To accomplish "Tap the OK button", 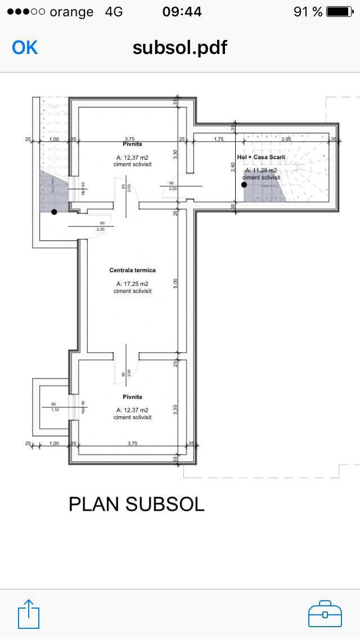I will pos(25,47).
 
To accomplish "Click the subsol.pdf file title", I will pos(179,47).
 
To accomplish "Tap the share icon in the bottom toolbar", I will pos(29,614).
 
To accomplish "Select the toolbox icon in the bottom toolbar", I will pos(325,614).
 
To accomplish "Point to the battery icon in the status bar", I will pos(339,11).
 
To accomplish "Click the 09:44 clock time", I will pos(182,11).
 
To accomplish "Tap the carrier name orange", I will pos(71,12).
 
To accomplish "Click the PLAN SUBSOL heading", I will pos(136,504).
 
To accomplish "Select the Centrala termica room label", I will pos(132,271).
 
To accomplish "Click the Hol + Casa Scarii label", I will pos(261,157).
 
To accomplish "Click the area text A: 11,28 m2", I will pos(261,170).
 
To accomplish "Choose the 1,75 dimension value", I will pos(219,139).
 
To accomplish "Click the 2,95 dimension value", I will pos(286,139).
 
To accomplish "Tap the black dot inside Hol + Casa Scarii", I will pos(244,184).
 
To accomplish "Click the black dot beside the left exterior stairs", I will pos(54,212).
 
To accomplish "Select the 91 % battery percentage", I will pos(308,11).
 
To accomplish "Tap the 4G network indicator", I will pos(114,11).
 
